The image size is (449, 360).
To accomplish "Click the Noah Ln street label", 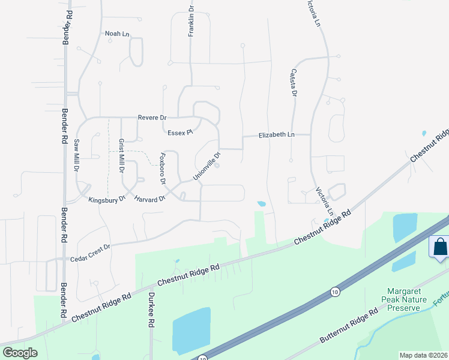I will pos(117,34).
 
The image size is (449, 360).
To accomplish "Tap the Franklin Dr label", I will pos(191,23).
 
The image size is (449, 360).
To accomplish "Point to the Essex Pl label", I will pos(179,132).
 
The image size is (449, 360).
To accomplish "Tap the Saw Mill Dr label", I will pos(76,156).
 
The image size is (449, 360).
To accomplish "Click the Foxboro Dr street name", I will pos(161,169).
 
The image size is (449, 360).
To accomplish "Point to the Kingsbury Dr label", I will pos(106,199).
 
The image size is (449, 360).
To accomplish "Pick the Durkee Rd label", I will pos(152,310).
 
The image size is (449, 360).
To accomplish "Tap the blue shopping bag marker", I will pos(439,247).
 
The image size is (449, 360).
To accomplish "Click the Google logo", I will pos(20,353).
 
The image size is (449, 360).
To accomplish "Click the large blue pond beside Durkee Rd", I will pos(191,331).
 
